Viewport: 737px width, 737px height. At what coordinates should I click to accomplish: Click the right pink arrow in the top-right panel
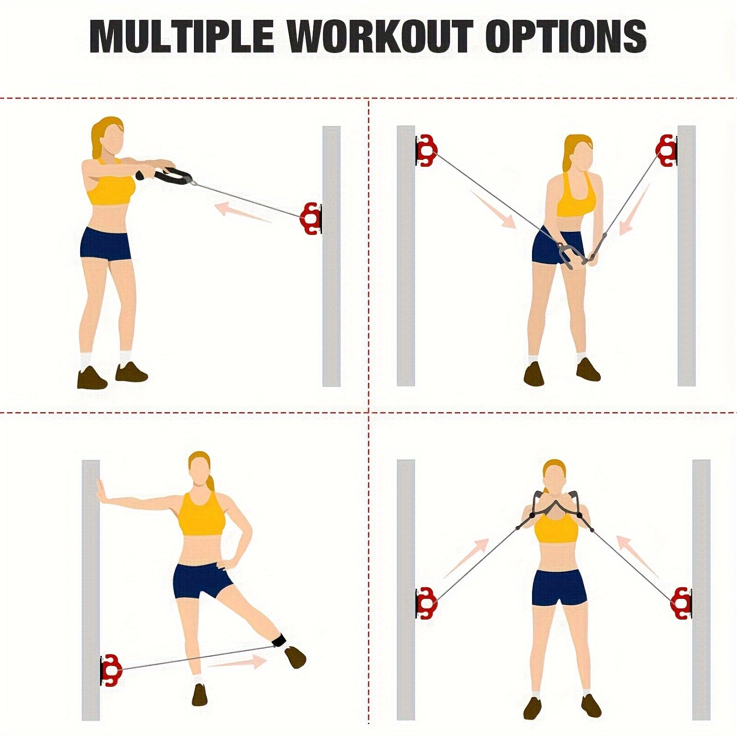pos(634,210)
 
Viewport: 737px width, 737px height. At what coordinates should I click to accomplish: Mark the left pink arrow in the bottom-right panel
pos(466,558)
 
